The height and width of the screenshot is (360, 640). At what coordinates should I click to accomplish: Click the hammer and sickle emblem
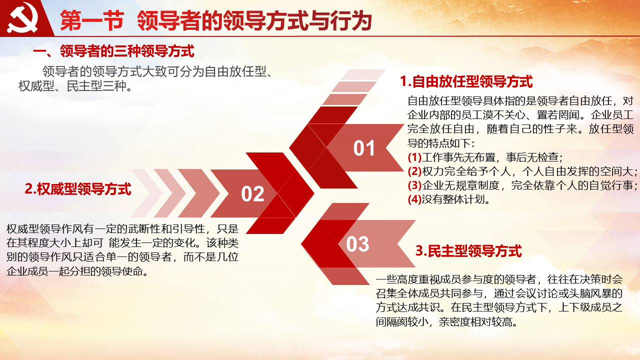[22, 17]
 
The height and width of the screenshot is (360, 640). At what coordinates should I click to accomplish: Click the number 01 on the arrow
[364, 148]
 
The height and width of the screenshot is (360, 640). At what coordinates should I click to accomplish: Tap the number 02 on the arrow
[252, 194]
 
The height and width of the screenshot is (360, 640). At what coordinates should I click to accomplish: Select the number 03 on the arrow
[357, 244]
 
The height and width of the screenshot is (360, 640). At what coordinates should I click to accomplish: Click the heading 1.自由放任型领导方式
[466, 81]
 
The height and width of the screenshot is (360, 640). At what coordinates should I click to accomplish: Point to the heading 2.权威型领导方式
[78, 189]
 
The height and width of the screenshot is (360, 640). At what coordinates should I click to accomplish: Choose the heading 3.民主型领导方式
[468, 251]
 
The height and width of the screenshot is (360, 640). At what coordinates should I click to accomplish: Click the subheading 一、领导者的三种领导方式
[113, 51]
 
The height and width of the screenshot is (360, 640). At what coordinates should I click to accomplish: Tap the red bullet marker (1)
[414, 157]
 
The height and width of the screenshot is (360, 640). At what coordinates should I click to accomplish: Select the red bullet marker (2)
[414, 171]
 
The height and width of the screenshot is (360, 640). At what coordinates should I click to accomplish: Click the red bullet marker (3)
[414, 185]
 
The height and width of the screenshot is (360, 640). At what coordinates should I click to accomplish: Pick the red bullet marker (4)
[414, 199]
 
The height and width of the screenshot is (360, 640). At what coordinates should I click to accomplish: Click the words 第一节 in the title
[92, 20]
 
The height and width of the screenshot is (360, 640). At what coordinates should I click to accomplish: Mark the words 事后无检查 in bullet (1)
[532, 157]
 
